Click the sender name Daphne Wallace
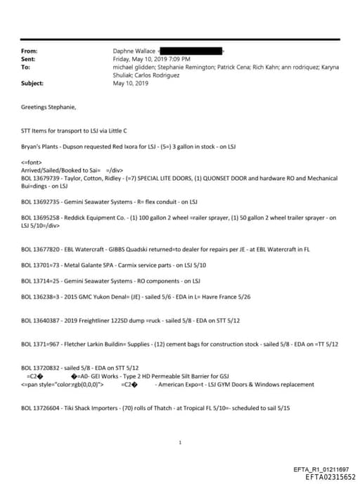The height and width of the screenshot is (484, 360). pyautogui.click(x=135, y=51)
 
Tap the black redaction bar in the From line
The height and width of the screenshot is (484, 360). pyautogui.click(x=191, y=51)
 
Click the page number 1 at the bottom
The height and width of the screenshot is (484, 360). pyautogui.click(x=181, y=443)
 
